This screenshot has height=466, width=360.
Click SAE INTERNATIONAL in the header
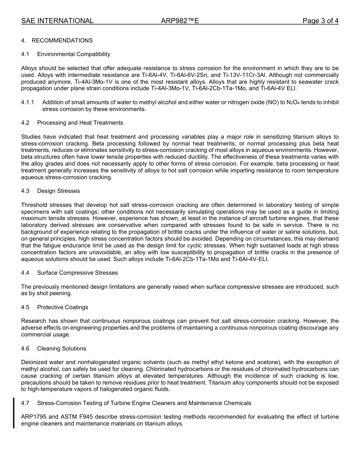click(57, 21)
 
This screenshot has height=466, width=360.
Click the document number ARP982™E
click(180, 21)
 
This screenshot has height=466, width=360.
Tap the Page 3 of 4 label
click(320, 21)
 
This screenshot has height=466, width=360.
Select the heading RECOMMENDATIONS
click(62, 41)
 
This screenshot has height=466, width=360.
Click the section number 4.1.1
click(28, 102)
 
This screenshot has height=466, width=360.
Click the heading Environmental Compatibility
click(74, 54)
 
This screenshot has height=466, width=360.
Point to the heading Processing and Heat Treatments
click(80, 123)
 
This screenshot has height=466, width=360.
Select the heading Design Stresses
click(58, 191)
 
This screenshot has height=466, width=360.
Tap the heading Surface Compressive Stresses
click(77, 273)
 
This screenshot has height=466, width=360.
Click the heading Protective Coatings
click(63, 307)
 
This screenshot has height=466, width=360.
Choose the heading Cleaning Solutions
click(61, 349)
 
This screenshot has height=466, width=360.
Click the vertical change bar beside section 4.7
click(14, 413)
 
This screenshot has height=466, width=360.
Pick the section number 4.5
click(25, 307)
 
